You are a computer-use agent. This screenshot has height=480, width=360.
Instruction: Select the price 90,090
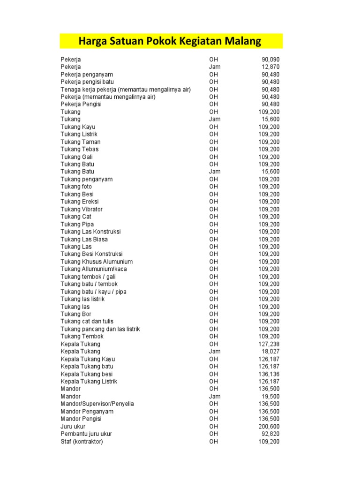[x=270, y=60]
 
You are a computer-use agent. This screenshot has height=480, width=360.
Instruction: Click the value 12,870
[x=270, y=67]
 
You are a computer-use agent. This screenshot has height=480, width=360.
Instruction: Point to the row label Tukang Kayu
[x=78, y=127]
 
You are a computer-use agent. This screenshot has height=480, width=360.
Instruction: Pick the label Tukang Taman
[x=81, y=142]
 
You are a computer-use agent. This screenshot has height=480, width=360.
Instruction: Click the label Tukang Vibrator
[x=82, y=209]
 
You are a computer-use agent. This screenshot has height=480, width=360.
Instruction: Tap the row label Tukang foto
[x=76, y=187]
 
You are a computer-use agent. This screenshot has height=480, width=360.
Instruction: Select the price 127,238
[x=269, y=344]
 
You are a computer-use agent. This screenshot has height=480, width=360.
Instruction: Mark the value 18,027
[x=270, y=352]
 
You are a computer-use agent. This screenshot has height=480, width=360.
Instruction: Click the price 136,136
[x=269, y=374]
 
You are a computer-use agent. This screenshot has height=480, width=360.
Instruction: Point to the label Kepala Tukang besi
[x=87, y=374]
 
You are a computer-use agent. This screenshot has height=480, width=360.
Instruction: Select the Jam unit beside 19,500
[x=215, y=397]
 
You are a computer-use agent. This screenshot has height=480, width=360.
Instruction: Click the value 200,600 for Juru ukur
[x=269, y=427]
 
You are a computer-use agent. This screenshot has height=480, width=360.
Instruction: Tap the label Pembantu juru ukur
[x=86, y=434]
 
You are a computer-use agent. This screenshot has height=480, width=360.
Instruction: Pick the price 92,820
[x=270, y=434]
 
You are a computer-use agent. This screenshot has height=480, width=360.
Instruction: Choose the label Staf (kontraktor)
[x=82, y=442]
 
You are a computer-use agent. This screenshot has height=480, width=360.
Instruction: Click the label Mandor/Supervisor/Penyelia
[x=97, y=404]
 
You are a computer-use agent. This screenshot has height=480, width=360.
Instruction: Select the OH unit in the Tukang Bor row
[x=214, y=314]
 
